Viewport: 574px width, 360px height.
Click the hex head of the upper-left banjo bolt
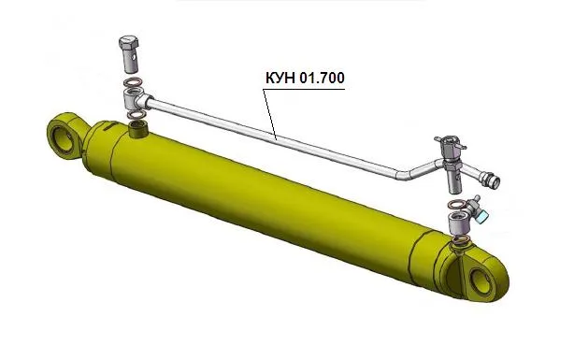tap(129, 42)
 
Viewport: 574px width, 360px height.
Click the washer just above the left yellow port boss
tap(136, 115)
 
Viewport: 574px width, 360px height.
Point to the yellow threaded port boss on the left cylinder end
tap(138, 129)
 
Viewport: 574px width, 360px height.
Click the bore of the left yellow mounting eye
tap(64, 139)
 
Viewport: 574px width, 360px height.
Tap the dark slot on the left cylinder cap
tap(108, 127)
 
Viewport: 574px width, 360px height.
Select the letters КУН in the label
tap(280, 78)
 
